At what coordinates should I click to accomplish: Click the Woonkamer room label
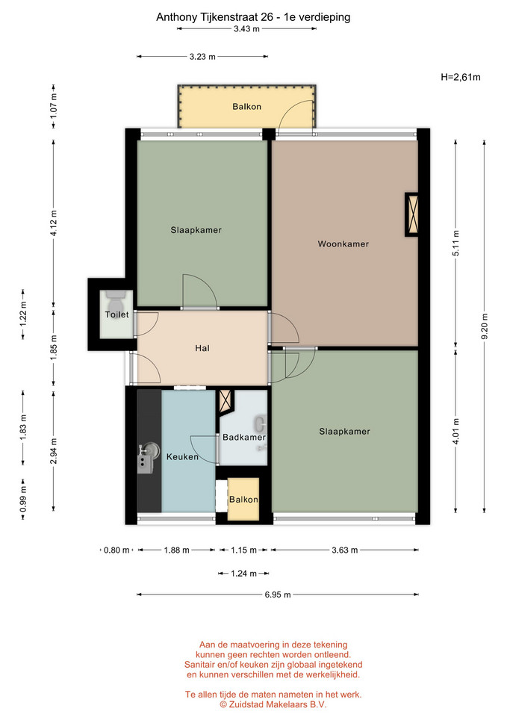(x=343, y=244)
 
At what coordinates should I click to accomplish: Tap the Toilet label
(x=116, y=314)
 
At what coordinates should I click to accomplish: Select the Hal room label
(x=202, y=349)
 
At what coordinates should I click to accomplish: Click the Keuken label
(x=182, y=457)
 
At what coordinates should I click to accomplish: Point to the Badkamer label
(x=243, y=437)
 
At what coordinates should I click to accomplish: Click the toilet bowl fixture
(x=116, y=302)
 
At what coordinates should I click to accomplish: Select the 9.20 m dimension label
(x=485, y=326)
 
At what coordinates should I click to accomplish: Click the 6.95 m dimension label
(x=278, y=595)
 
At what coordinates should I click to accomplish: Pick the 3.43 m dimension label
(x=246, y=29)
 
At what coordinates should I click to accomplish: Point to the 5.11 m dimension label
(x=456, y=243)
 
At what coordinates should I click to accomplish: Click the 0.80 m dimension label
(x=116, y=550)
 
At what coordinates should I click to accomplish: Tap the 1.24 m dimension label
(x=243, y=574)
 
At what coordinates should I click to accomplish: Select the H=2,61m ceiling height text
(x=461, y=77)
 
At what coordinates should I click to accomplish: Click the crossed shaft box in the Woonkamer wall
(x=412, y=214)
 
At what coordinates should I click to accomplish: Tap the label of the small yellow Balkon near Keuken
(x=243, y=500)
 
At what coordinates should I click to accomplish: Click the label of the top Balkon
(x=247, y=107)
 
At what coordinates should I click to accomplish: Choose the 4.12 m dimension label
(x=54, y=223)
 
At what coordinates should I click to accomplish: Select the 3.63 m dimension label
(x=345, y=550)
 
